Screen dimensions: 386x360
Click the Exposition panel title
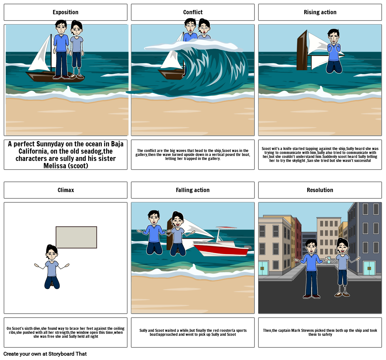click(x=66, y=12)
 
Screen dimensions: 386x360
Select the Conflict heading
click(x=193, y=12)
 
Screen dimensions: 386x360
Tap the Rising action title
click(x=320, y=12)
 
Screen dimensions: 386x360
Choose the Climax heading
click(x=66, y=190)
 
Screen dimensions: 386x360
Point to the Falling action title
click(x=193, y=190)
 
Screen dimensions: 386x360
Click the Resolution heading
click(x=320, y=190)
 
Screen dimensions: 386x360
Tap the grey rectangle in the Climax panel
click(x=76, y=237)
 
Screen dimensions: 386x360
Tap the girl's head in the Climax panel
click(x=52, y=253)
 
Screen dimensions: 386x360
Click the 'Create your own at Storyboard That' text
click(x=45, y=354)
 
